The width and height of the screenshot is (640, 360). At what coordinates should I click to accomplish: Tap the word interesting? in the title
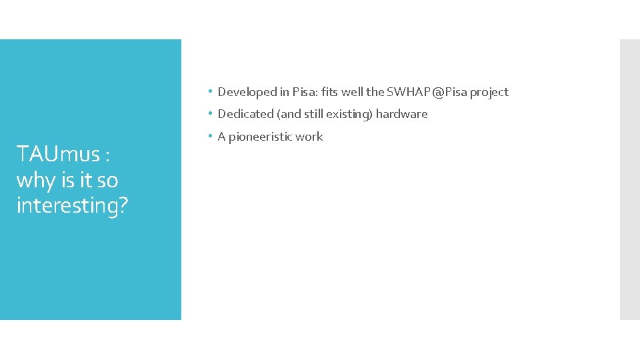point(72,205)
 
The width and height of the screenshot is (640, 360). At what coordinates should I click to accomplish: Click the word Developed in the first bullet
point(244,92)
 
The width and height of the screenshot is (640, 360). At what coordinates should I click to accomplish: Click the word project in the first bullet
point(489,92)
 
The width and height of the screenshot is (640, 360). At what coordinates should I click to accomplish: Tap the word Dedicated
point(246,114)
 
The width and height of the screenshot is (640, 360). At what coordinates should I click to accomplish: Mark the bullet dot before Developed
point(209,91)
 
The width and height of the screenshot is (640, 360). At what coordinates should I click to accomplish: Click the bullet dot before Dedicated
point(209,113)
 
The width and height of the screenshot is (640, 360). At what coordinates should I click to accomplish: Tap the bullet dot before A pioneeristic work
point(209,135)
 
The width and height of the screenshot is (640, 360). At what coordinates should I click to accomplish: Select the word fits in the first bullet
point(329,92)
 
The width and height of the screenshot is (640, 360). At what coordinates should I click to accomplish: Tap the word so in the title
point(107,180)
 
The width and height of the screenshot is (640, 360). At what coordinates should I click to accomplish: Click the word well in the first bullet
point(352,92)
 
